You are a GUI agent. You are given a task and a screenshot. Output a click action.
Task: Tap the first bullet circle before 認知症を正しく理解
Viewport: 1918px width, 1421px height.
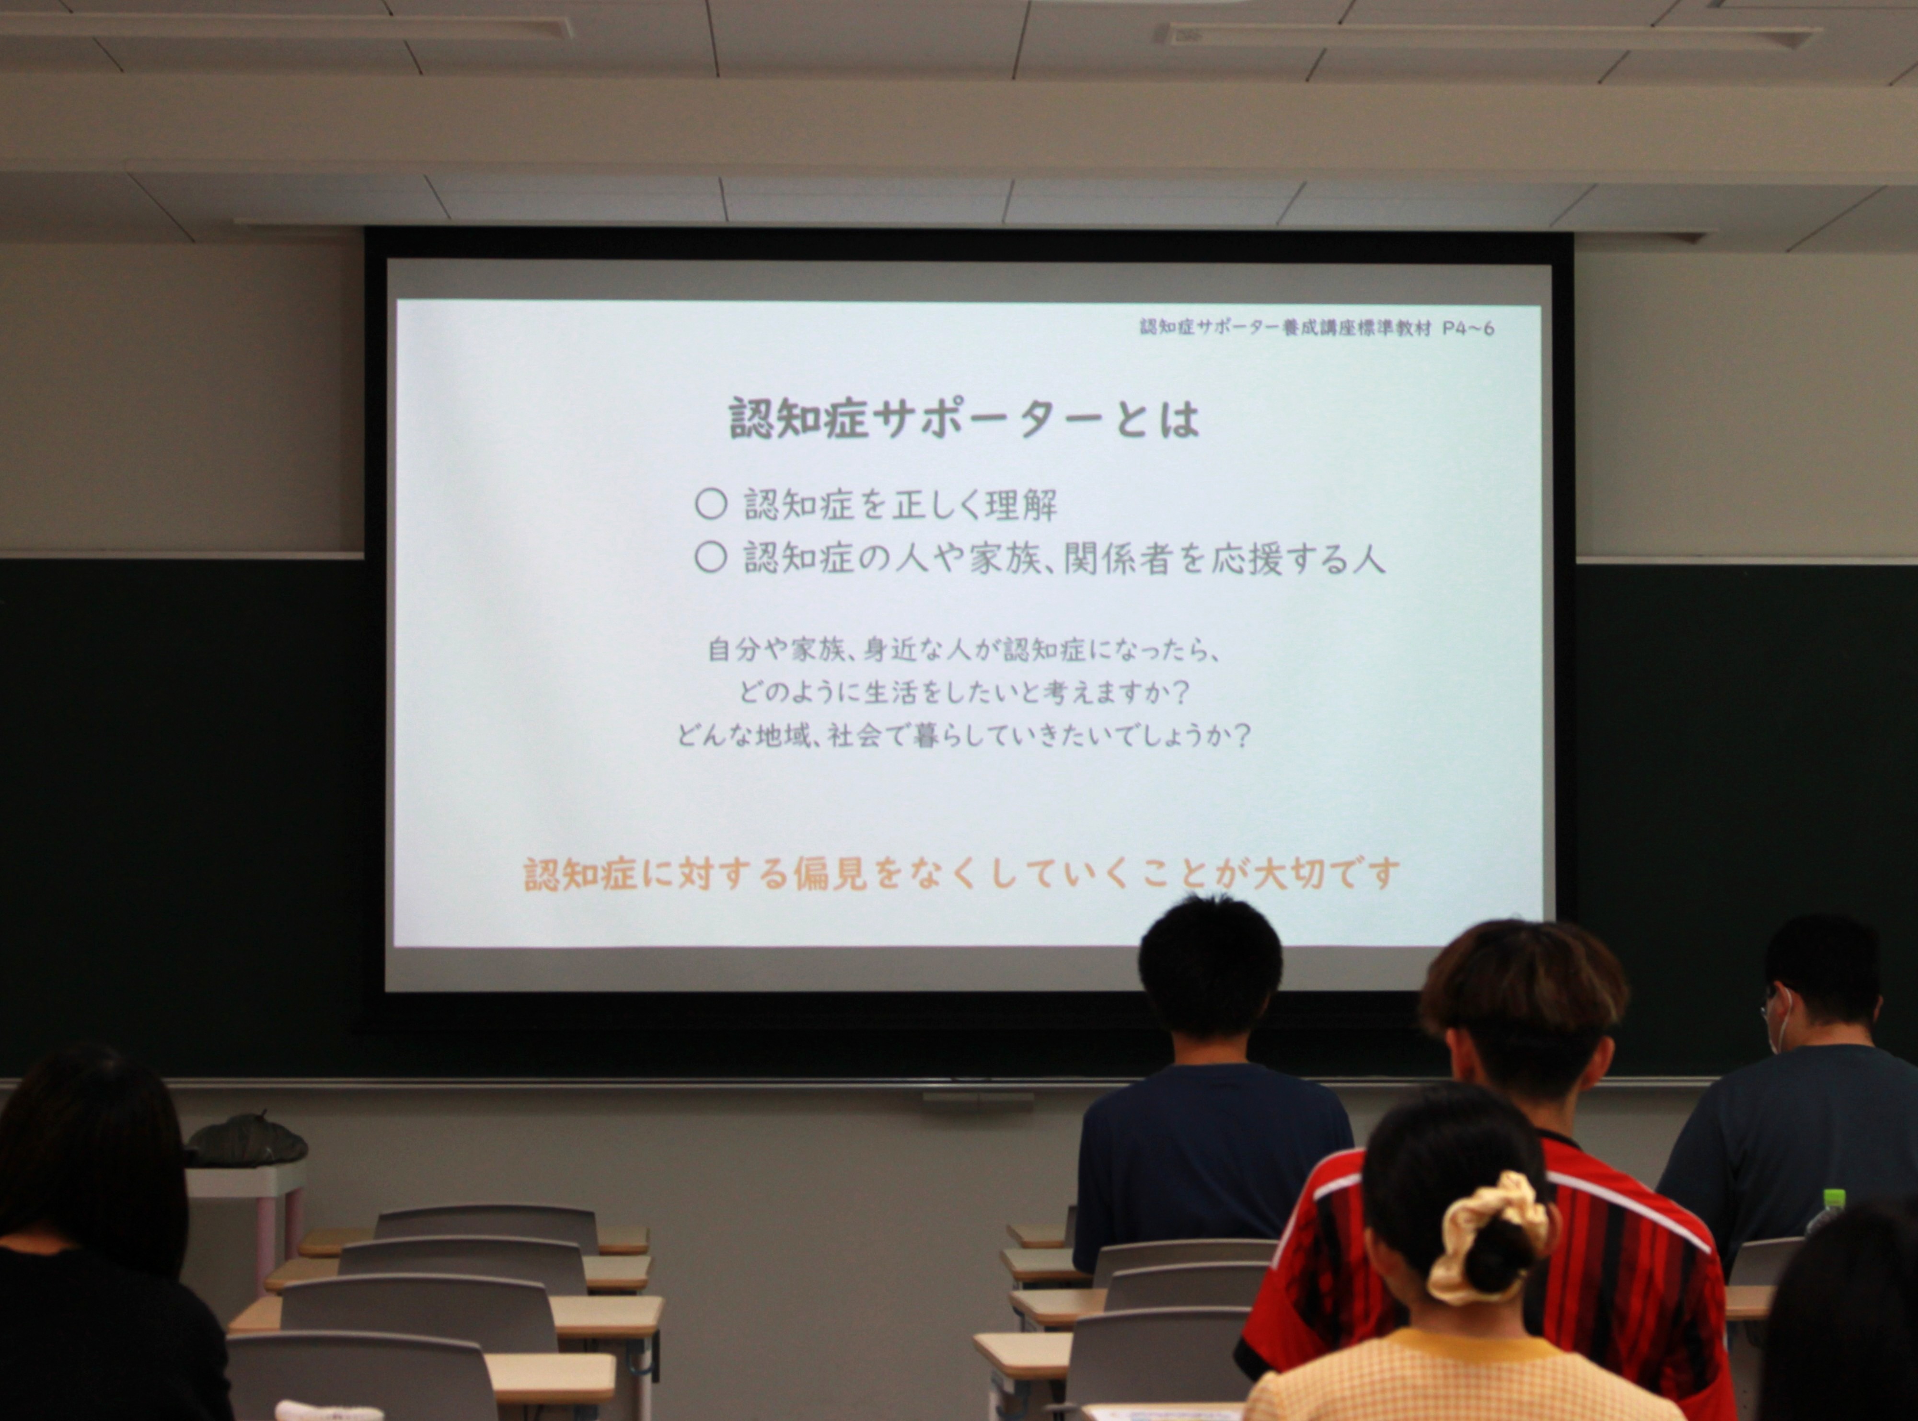click(x=711, y=505)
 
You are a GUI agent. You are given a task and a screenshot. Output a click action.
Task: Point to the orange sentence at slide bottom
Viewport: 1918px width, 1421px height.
click(x=961, y=874)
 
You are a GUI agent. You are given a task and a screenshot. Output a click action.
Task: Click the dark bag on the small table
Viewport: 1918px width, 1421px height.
click(x=247, y=1141)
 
